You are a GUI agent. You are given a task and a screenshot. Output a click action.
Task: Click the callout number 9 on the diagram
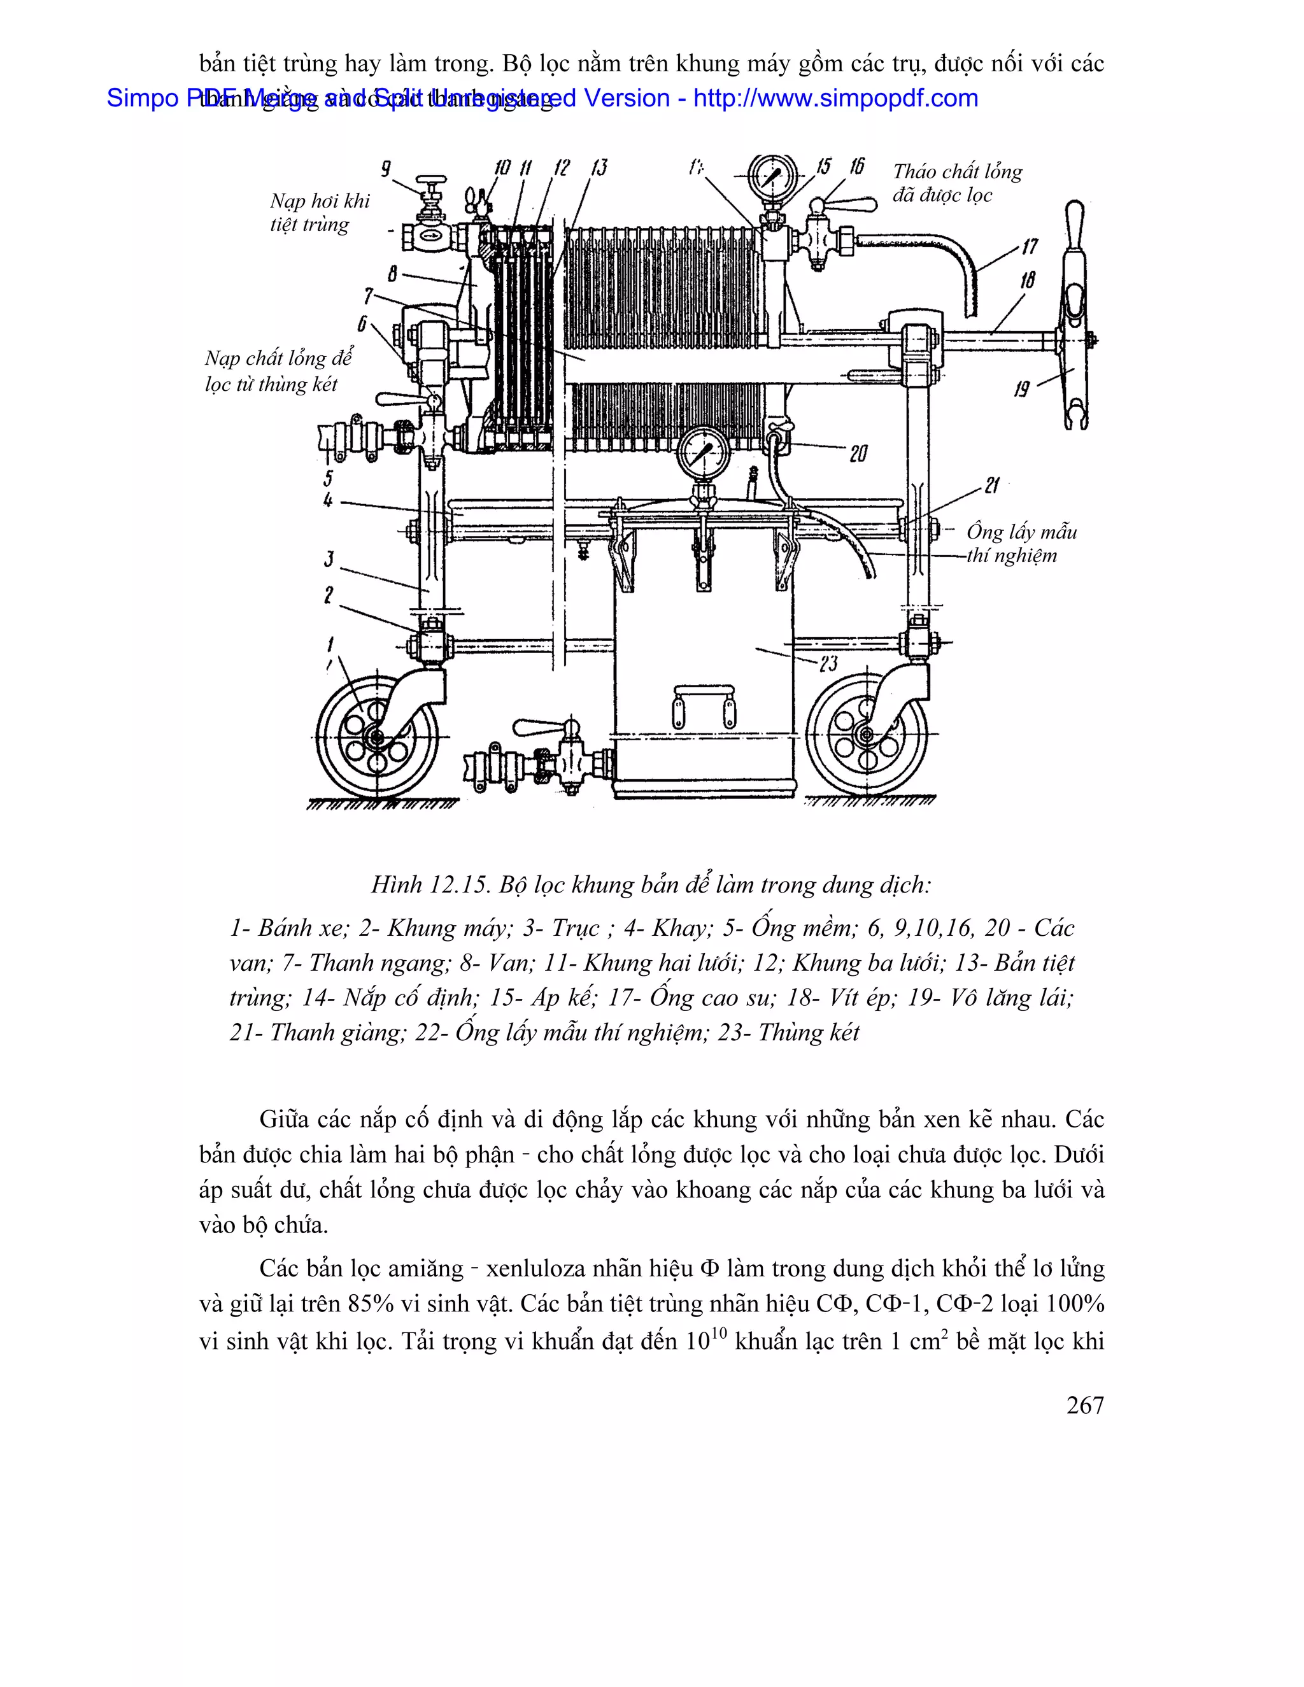tap(385, 169)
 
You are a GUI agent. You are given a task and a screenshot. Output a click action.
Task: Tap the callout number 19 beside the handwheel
tap(1022, 388)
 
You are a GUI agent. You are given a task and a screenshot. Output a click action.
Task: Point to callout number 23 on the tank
tap(828, 663)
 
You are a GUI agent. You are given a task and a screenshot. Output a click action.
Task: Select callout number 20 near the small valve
tap(858, 453)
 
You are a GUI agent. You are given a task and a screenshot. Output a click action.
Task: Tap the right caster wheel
tap(867, 734)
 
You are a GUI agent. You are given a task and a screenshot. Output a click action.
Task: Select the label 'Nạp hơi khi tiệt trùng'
tap(319, 213)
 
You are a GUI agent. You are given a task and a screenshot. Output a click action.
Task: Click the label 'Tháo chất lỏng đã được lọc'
tap(957, 183)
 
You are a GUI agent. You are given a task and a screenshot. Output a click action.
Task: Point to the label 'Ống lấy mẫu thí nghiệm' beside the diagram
tap(1021, 543)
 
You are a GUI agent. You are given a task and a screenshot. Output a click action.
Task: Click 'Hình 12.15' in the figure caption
tap(430, 884)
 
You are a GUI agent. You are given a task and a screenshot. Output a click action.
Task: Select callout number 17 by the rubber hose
tap(1029, 247)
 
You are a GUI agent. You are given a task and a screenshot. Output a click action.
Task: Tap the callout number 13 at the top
tap(599, 167)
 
